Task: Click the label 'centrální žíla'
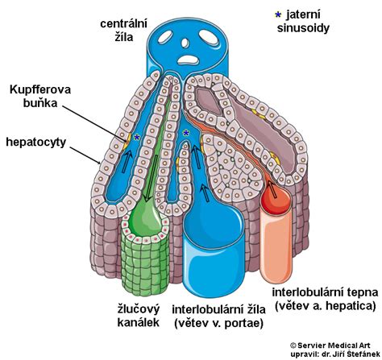[x=124, y=30]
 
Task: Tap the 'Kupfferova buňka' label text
[x=40, y=96]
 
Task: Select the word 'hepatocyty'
[x=36, y=142]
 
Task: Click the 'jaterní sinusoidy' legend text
[x=303, y=21]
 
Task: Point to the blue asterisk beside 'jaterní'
[x=278, y=14]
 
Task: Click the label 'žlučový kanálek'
[x=139, y=316]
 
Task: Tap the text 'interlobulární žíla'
[x=218, y=309]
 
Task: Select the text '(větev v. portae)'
[x=218, y=323]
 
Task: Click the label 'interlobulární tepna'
[x=325, y=292]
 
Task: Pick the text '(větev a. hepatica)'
[x=325, y=306]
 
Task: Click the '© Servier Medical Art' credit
[x=330, y=346]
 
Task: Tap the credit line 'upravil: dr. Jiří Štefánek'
[x=335, y=354]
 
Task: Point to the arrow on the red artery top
[x=272, y=188]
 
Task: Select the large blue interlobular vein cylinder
[x=214, y=258]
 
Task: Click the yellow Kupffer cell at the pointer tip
[x=127, y=141]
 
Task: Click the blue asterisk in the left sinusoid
[x=137, y=138]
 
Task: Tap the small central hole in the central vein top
[x=185, y=43]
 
